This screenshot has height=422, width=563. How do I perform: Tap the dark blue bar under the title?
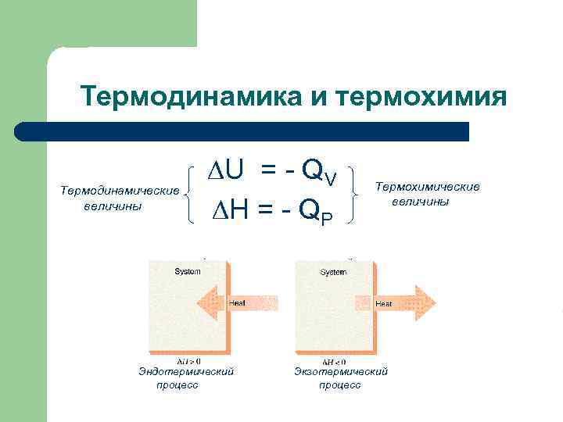pyautogui.click(x=242, y=131)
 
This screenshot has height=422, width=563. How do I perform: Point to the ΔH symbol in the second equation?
pyautogui.click(x=228, y=209)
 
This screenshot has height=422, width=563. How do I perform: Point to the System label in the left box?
pyautogui.click(x=187, y=272)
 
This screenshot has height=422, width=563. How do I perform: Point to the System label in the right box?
pyautogui.click(x=334, y=272)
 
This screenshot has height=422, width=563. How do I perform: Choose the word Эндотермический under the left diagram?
pyautogui.click(x=186, y=372)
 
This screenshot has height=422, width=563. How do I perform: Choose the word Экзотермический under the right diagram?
pyautogui.click(x=341, y=372)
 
